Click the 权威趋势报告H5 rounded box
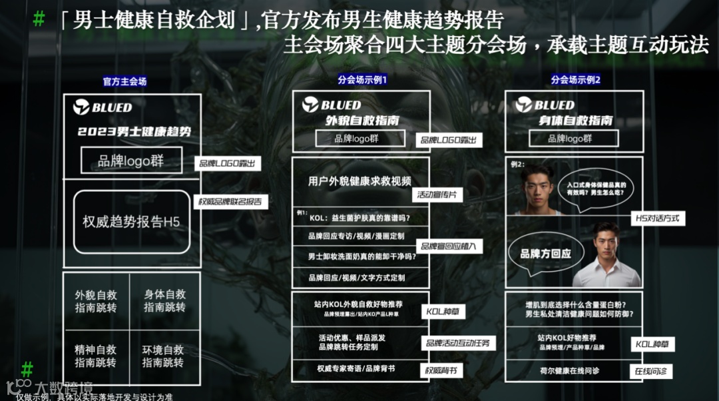coord(132,222)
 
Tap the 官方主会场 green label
coord(124,81)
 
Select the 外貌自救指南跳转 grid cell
coord(97,301)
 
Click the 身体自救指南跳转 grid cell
coord(164,301)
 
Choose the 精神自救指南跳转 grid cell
coord(97,356)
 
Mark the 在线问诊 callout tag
coord(650,371)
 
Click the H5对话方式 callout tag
coord(658,218)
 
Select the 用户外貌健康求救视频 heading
coord(359,181)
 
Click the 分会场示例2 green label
coord(576,79)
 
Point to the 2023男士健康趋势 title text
coord(134,132)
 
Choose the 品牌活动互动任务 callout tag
coord(457,342)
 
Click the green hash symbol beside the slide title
coord(39,19)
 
